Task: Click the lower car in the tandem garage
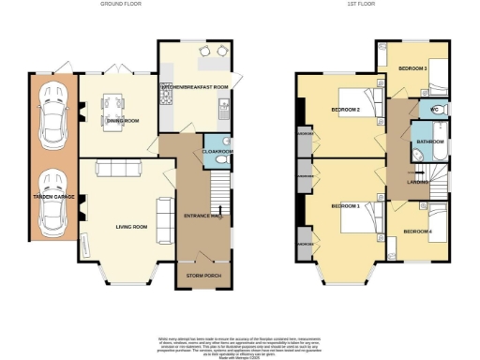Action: pyautogui.click(x=52, y=202)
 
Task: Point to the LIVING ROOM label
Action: pyautogui.click(x=131, y=226)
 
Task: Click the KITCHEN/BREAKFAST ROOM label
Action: pyautogui.click(x=194, y=87)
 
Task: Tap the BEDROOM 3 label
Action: pyautogui.click(x=412, y=68)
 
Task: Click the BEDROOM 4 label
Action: pyautogui.click(x=418, y=231)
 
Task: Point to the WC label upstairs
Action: pyautogui.click(x=435, y=110)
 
